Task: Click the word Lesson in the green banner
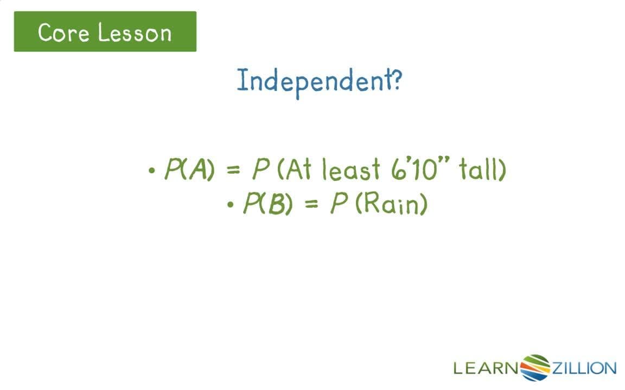pos(135,32)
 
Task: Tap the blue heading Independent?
pos(319,81)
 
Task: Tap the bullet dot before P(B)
pos(231,205)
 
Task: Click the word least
pos(351,171)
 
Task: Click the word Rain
pos(391,204)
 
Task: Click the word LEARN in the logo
pos(486,369)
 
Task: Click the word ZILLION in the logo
pos(584,369)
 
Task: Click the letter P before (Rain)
pos(339,204)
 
